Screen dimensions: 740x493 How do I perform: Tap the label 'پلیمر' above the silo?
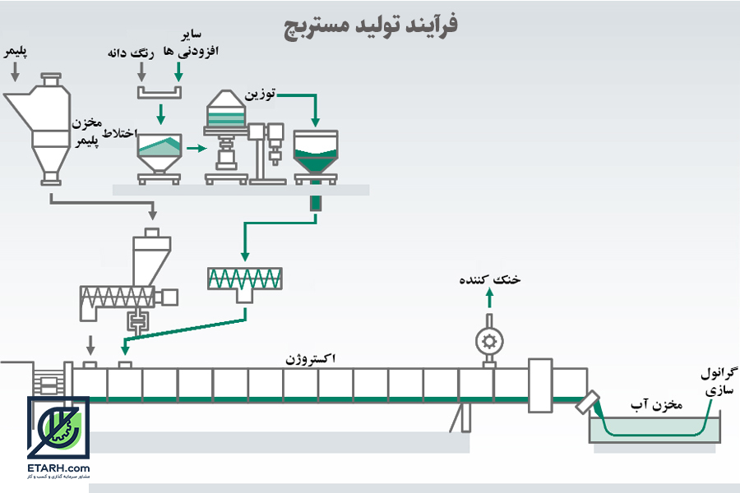pyautogui.click(x=16, y=52)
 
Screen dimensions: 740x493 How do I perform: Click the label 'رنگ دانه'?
pyautogui.click(x=131, y=53)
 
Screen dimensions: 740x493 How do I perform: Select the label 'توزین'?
pyautogui.click(x=260, y=94)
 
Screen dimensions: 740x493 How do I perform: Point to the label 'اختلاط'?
pyautogui.click(x=120, y=132)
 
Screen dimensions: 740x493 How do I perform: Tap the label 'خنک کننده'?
pyautogui.click(x=490, y=279)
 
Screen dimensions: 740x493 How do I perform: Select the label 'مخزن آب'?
pyautogui.click(x=656, y=405)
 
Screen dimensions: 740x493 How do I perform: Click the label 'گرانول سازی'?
pyautogui.click(x=719, y=381)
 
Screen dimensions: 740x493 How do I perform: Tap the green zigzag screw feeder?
pyautogui.click(x=245, y=279)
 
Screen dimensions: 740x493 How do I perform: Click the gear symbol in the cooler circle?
pyautogui.click(x=489, y=341)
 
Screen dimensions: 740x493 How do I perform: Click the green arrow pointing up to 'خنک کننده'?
pyautogui.click(x=490, y=298)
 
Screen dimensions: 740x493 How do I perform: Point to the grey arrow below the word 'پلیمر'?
pyautogui.click(x=15, y=71)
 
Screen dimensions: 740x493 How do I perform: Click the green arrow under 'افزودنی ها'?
pyautogui.click(x=178, y=71)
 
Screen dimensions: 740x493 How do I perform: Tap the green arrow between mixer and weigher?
pyautogui.click(x=197, y=149)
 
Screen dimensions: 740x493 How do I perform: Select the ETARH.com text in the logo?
pyautogui.click(x=58, y=468)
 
